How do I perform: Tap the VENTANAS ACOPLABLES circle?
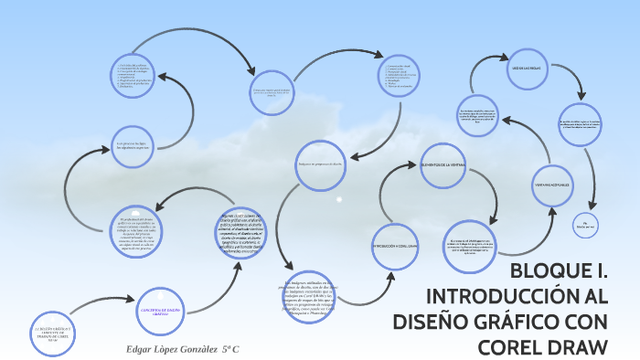[x=550, y=185]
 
